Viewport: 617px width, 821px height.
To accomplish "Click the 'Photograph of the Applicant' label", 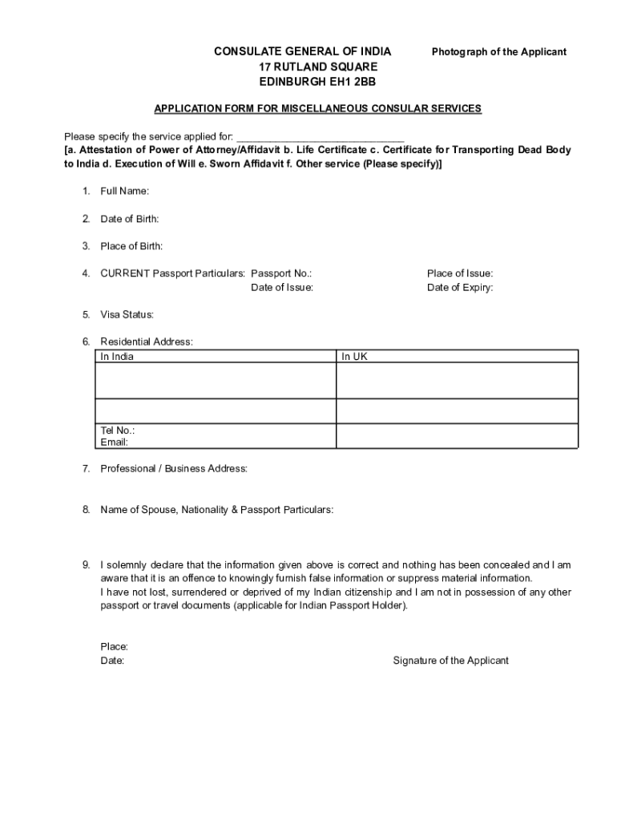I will [498, 52].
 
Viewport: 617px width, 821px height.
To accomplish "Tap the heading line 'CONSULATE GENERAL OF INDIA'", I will [302, 52].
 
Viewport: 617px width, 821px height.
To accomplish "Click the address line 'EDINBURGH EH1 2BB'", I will [317, 82].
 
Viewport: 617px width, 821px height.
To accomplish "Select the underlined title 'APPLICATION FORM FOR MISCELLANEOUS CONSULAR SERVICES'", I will [317, 108].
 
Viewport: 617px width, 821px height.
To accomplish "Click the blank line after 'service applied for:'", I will [321, 136].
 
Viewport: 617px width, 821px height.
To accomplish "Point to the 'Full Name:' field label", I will [124, 191].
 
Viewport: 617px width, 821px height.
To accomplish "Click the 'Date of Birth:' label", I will [129, 219].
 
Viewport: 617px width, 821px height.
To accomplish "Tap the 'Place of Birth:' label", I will [131, 246].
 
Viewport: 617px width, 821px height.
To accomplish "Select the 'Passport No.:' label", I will [281, 273].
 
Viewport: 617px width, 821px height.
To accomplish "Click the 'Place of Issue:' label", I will [460, 273].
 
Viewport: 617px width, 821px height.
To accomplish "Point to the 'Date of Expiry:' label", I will [460, 287].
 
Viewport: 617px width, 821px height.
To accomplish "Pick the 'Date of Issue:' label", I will [282, 287].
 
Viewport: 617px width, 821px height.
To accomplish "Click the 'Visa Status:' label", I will [127, 314].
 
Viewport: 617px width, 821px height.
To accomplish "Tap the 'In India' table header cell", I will [117, 357].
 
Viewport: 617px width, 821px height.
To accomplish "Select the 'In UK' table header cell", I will [354, 357].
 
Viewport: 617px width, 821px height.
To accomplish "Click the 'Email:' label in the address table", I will [114, 442].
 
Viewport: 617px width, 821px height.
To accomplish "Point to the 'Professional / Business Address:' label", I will [173, 468].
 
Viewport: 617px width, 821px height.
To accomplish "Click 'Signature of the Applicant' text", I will [450, 661].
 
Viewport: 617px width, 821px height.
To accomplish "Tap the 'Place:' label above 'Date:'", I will [114, 646].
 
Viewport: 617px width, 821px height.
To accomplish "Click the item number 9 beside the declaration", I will [85, 565].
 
